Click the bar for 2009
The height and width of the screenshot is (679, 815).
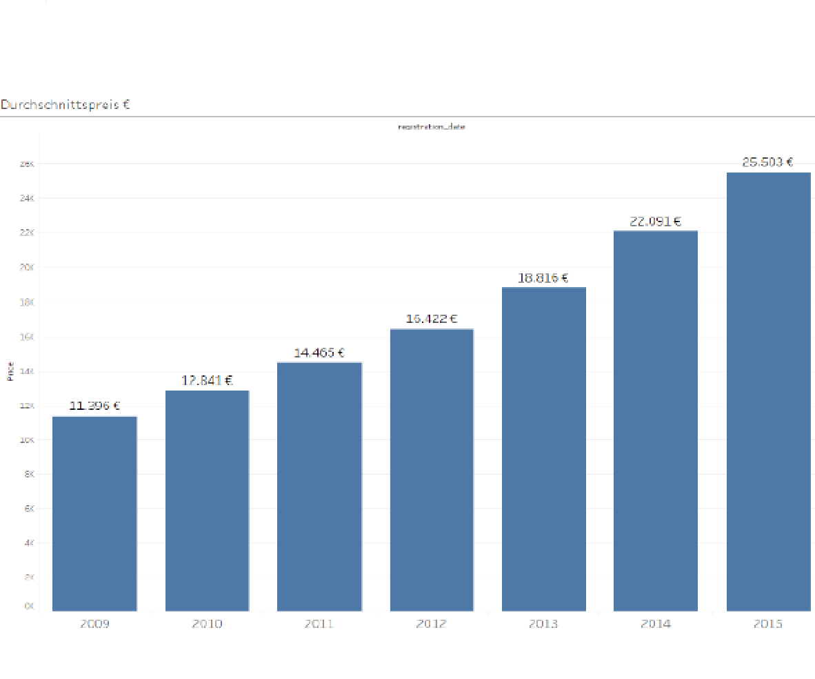click(94, 513)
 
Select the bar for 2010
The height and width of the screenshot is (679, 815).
click(207, 500)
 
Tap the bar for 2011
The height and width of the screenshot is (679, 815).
click(319, 486)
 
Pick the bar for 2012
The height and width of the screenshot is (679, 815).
click(432, 469)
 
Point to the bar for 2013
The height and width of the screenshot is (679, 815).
click(543, 449)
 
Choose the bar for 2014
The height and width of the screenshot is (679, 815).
click(655, 420)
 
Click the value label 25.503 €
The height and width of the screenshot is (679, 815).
click(767, 162)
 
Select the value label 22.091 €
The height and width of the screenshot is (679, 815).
click(655, 222)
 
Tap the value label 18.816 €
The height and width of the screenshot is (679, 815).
click(543, 278)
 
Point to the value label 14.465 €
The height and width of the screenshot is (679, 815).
click(319, 353)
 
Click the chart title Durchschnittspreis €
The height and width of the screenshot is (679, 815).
click(66, 105)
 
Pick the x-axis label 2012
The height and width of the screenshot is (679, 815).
click(432, 624)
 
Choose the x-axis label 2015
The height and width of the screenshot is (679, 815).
click(768, 624)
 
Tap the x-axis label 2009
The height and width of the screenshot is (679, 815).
click(94, 624)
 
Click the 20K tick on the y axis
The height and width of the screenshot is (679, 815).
click(28, 268)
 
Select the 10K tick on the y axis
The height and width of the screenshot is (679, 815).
click(28, 440)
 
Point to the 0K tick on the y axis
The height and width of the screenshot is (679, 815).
click(28, 607)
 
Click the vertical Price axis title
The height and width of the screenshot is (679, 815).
click(10, 371)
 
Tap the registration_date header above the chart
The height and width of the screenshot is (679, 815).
click(432, 127)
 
